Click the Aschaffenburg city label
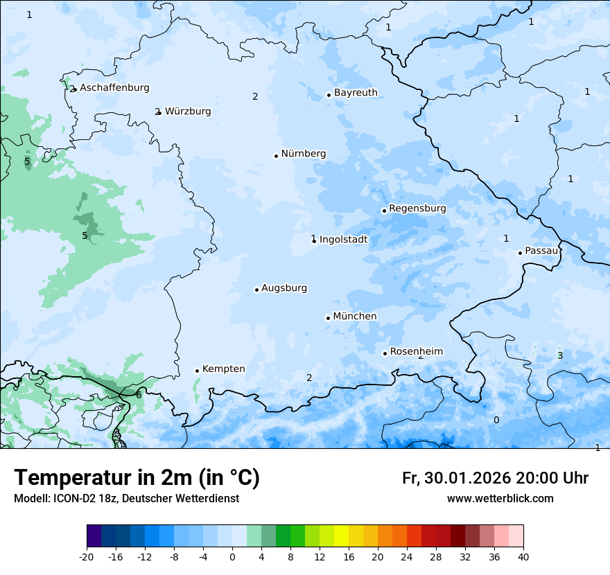pyautogui.click(x=114, y=88)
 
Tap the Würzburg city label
pyautogui.click(x=188, y=112)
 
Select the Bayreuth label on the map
pyautogui.click(x=356, y=93)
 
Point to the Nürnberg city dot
pyautogui.click(x=276, y=156)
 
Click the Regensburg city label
pyautogui.click(x=417, y=209)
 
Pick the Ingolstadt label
pyautogui.click(x=343, y=240)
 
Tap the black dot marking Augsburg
pyautogui.click(x=256, y=290)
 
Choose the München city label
pyautogui.click(x=355, y=317)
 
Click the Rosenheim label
pyautogui.click(x=416, y=352)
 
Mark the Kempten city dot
pyautogui.click(x=197, y=371)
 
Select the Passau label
pyautogui.click(x=541, y=251)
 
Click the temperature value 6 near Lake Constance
pyautogui.click(x=139, y=395)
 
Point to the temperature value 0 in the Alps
pyautogui.click(x=496, y=421)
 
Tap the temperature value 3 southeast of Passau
pyautogui.click(x=560, y=356)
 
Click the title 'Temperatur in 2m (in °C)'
pyautogui.click(x=137, y=478)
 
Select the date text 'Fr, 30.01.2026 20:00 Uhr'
pyautogui.click(x=495, y=478)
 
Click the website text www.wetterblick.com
pyautogui.click(x=500, y=498)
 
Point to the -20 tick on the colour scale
pyautogui.click(x=87, y=556)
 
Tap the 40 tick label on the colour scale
pyautogui.click(x=523, y=556)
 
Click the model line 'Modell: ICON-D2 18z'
pyautogui.click(x=126, y=498)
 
